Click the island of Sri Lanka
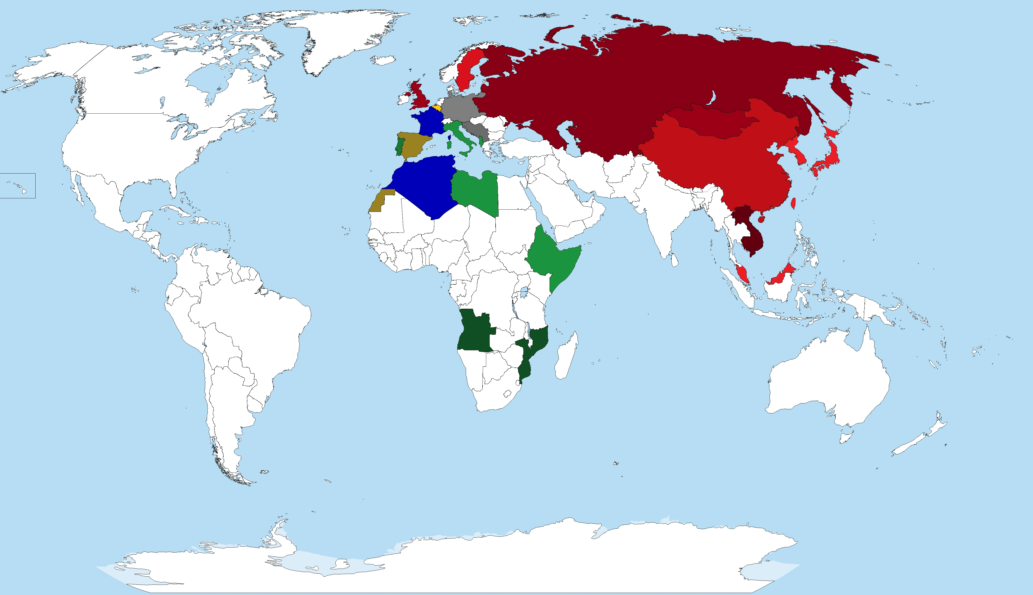pos(674,259)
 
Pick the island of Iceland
pos(383,60)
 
